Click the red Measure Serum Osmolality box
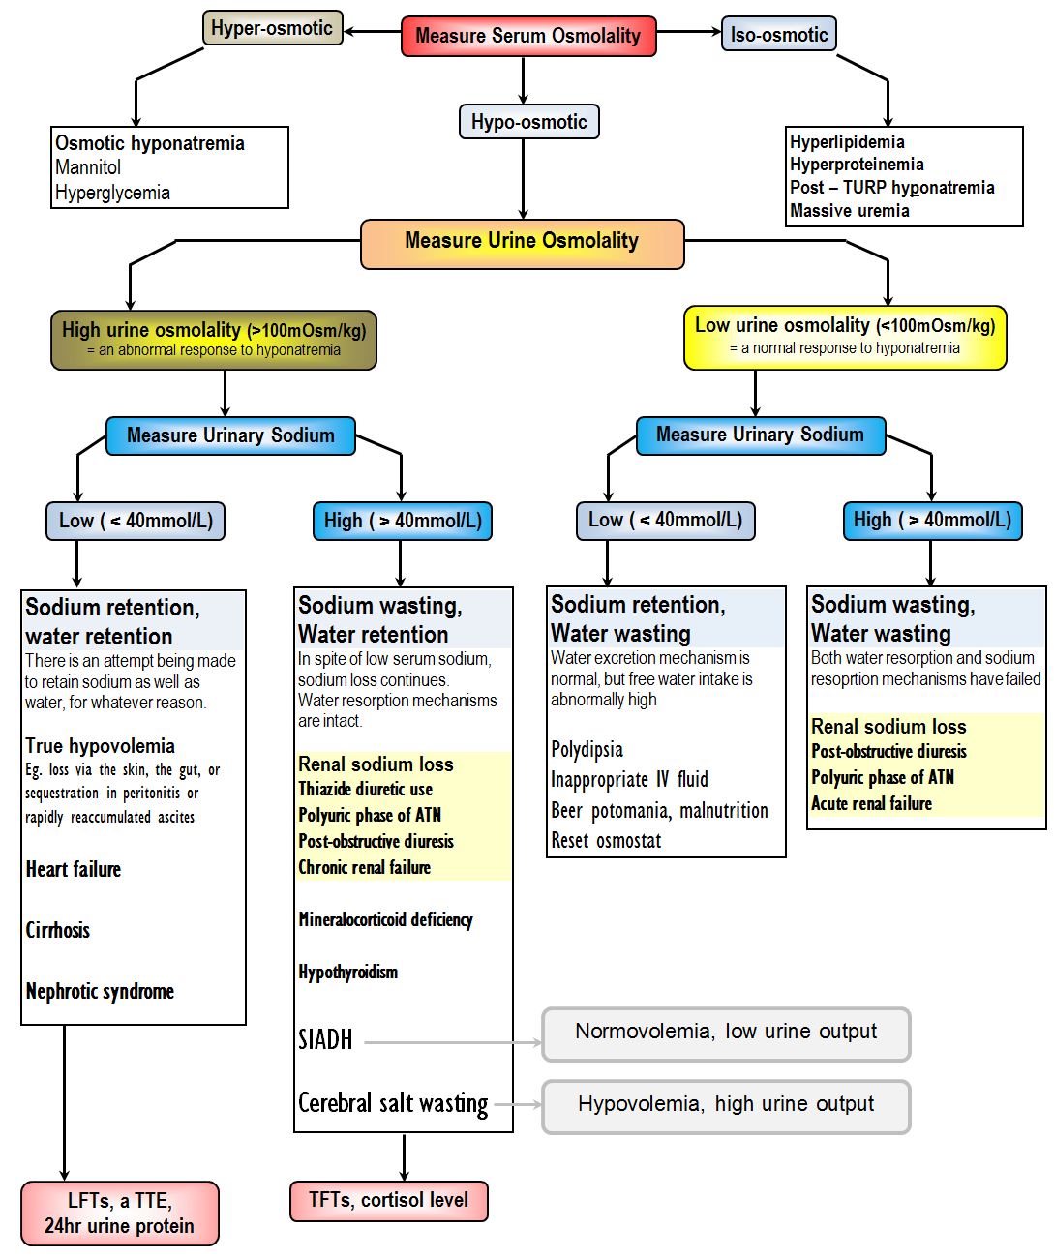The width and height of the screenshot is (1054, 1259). coord(528,36)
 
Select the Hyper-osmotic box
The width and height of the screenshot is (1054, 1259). coord(272,28)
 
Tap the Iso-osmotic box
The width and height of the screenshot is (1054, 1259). coord(778,35)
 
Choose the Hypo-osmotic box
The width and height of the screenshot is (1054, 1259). coord(528,122)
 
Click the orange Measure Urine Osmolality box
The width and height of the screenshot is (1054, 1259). coord(522,242)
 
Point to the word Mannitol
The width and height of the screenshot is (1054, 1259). coord(88,167)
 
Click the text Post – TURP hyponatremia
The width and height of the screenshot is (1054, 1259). coord(891,188)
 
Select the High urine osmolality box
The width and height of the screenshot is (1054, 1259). coord(214,340)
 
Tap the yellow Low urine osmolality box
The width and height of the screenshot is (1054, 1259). coord(844,337)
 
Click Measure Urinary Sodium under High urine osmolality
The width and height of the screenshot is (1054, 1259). coord(230,435)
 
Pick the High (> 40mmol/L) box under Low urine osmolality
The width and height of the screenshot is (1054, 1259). coord(932,521)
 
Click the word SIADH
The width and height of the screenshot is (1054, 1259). coord(325,1040)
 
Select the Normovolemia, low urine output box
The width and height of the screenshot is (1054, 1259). coord(726,1033)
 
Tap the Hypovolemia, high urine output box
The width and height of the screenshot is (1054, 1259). coord(726,1105)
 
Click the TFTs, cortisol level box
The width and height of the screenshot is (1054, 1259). coord(388,1201)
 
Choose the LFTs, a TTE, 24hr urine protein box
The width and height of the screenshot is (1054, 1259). coord(119,1214)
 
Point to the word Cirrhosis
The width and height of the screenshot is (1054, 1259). coord(58,931)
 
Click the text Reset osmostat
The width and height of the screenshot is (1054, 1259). coord(606,841)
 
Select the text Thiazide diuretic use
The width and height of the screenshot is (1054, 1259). coord(365,790)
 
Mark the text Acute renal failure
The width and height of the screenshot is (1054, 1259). coord(871,804)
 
